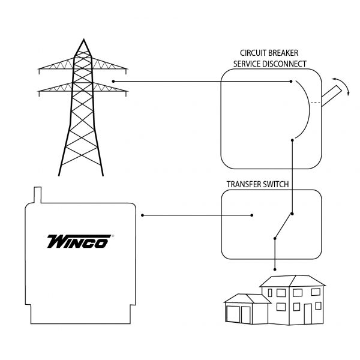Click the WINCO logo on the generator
78,241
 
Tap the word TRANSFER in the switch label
245,184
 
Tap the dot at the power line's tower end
114,81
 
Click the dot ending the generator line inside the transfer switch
252,214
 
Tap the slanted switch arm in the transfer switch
283,226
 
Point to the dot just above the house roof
275,268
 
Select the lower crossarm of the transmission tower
83,89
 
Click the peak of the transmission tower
82,41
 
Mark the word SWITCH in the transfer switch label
275,184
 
